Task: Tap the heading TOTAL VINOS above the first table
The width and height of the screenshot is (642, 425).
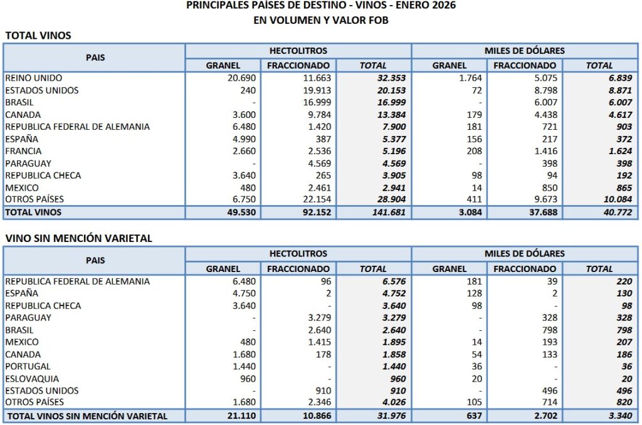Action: click(38, 36)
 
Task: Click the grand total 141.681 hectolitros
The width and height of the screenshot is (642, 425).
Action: click(388, 212)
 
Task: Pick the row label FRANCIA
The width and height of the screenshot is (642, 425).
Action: click(23, 151)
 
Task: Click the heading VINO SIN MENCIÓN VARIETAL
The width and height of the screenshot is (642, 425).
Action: click(78, 238)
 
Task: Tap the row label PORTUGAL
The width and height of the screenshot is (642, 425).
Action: click(28, 366)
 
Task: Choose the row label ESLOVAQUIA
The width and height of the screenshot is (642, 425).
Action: click(32, 379)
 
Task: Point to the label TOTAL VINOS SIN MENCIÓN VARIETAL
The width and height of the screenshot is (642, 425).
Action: click(87, 416)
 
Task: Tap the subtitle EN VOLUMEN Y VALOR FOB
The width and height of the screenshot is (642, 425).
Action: click(321, 20)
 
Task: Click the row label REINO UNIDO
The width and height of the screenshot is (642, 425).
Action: click(33, 78)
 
